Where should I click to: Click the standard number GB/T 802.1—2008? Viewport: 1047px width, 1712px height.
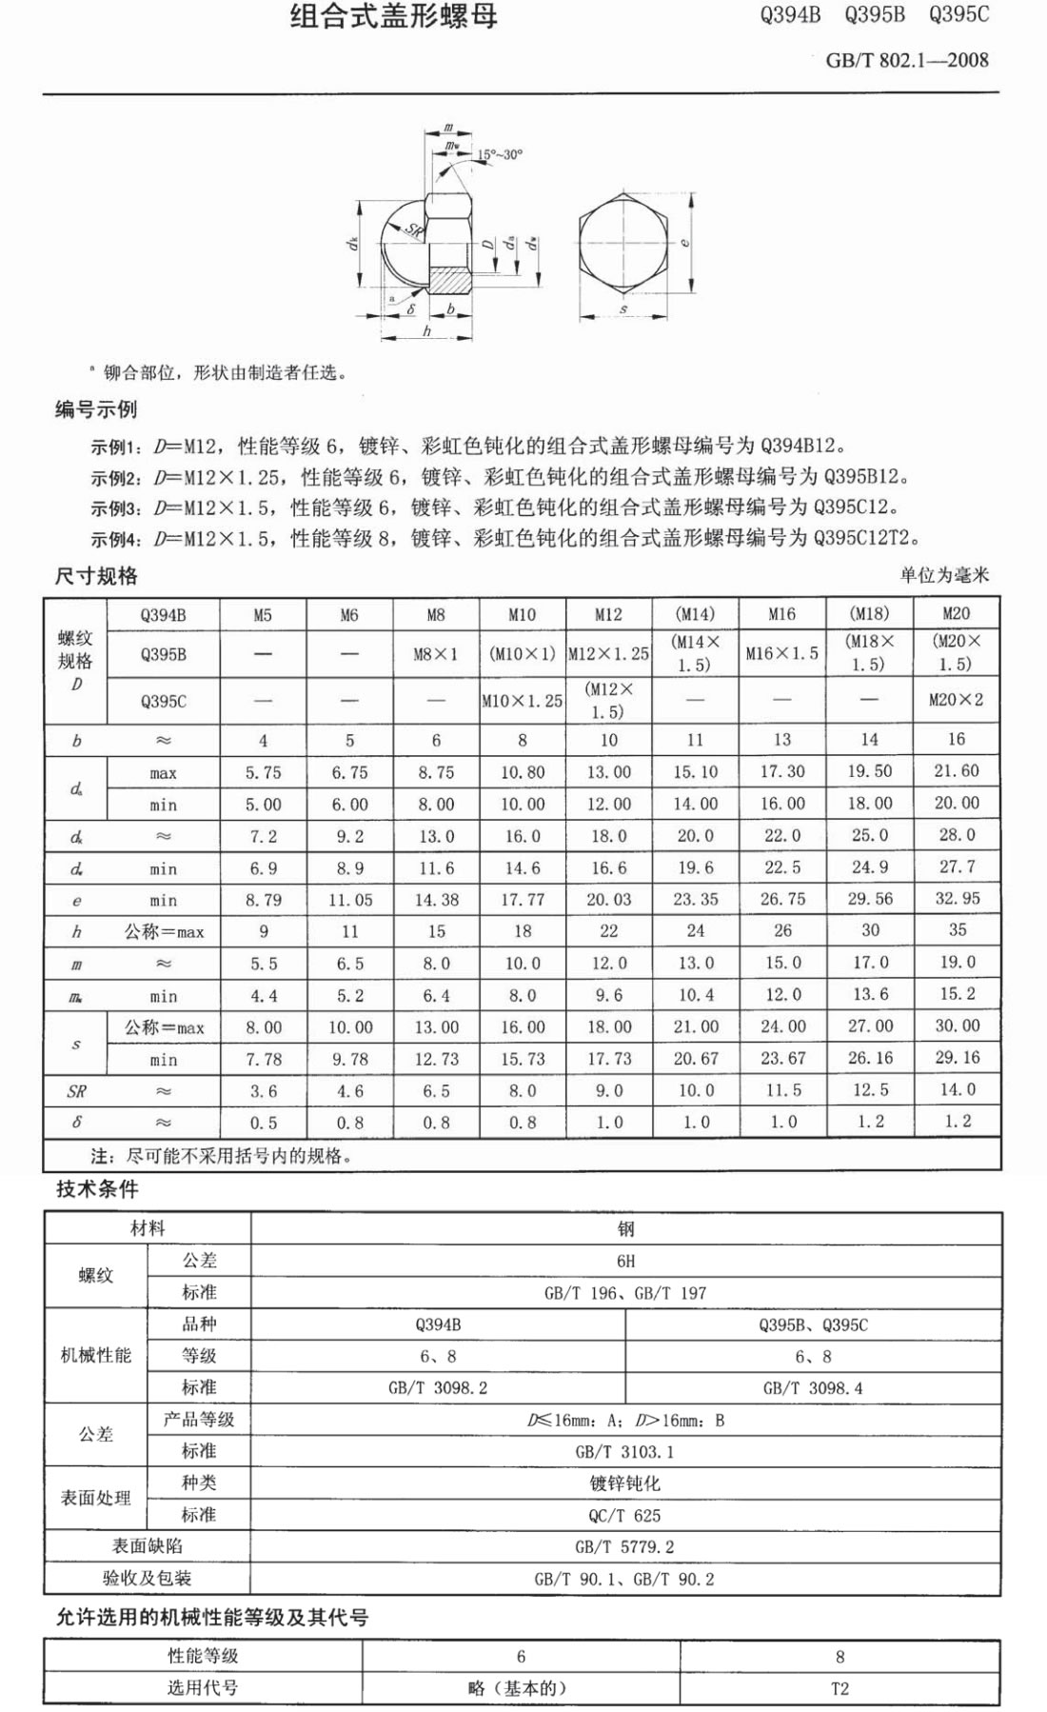click(x=906, y=60)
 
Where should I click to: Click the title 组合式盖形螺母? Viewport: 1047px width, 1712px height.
click(x=393, y=16)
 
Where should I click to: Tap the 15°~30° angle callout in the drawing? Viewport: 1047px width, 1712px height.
click(x=501, y=154)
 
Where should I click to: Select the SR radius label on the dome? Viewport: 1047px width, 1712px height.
click(x=413, y=229)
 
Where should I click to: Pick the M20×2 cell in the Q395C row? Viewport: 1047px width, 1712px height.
click(x=956, y=700)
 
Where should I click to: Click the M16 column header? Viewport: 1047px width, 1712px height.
click(x=781, y=614)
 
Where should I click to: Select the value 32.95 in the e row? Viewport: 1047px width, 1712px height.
click(x=957, y=898)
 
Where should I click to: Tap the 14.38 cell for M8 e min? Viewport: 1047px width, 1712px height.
click(x=436, y=899)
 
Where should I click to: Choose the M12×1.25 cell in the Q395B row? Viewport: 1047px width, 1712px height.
click(x=608, y=654)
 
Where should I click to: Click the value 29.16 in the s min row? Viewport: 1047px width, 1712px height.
click(x=957, y=1058)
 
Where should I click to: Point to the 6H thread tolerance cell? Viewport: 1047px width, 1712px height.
click(x=625, y=1261)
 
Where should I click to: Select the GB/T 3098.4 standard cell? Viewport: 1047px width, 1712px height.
click(x=813, y=1388)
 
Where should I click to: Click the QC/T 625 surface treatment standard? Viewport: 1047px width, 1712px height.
click(x=624, y=1515)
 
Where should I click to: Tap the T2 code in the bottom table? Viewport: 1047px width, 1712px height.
click(x=840, y=1688)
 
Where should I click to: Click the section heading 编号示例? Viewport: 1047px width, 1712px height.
click(x=96, y=409)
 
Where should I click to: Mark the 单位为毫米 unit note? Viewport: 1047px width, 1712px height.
click(x=944, y=575)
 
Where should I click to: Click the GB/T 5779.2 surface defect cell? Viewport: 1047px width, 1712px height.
click(x=624, y=1547)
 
